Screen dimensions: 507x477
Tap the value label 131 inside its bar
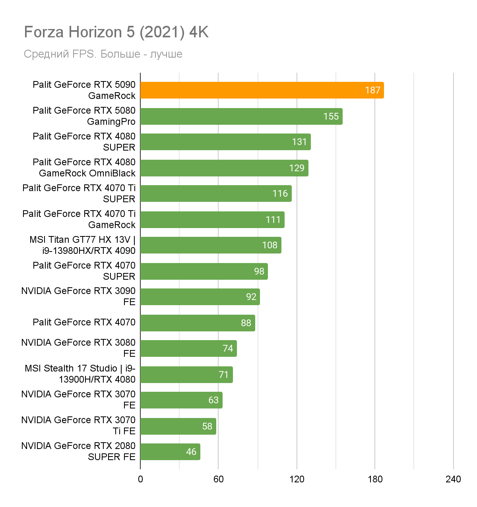pyautogui.click(x=299, y=142)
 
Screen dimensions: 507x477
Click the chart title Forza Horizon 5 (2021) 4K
pyautogui.click(x=116, y=32)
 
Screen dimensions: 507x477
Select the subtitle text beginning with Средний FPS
pyautogui.click(x=103, y=54)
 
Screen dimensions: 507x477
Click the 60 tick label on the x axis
pyautogui.click(x=219, y=479)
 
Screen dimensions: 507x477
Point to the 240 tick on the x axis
pyautogui.click(x=453, y=479)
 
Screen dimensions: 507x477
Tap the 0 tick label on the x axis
pyautogui.click(x=140, y=479)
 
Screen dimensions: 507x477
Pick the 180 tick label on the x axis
pyautogui.click(x=375, y=479)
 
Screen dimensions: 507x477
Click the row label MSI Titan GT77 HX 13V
pyautogui.click(x=83, y=245)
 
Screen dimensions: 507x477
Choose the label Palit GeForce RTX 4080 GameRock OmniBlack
pyautogui.click(x=84, y=168)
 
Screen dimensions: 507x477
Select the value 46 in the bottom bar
pyautogui.click(x=191, y=452)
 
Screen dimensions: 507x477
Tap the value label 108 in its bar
pyautogui.click(x=270, y=245)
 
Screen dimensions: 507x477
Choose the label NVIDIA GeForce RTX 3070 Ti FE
pyautogui.click(x=79, y=426)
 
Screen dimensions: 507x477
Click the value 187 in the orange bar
pyautogui.click(x=373, y=90)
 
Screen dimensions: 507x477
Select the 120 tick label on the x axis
pyautogui.click(x=297, y=479)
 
